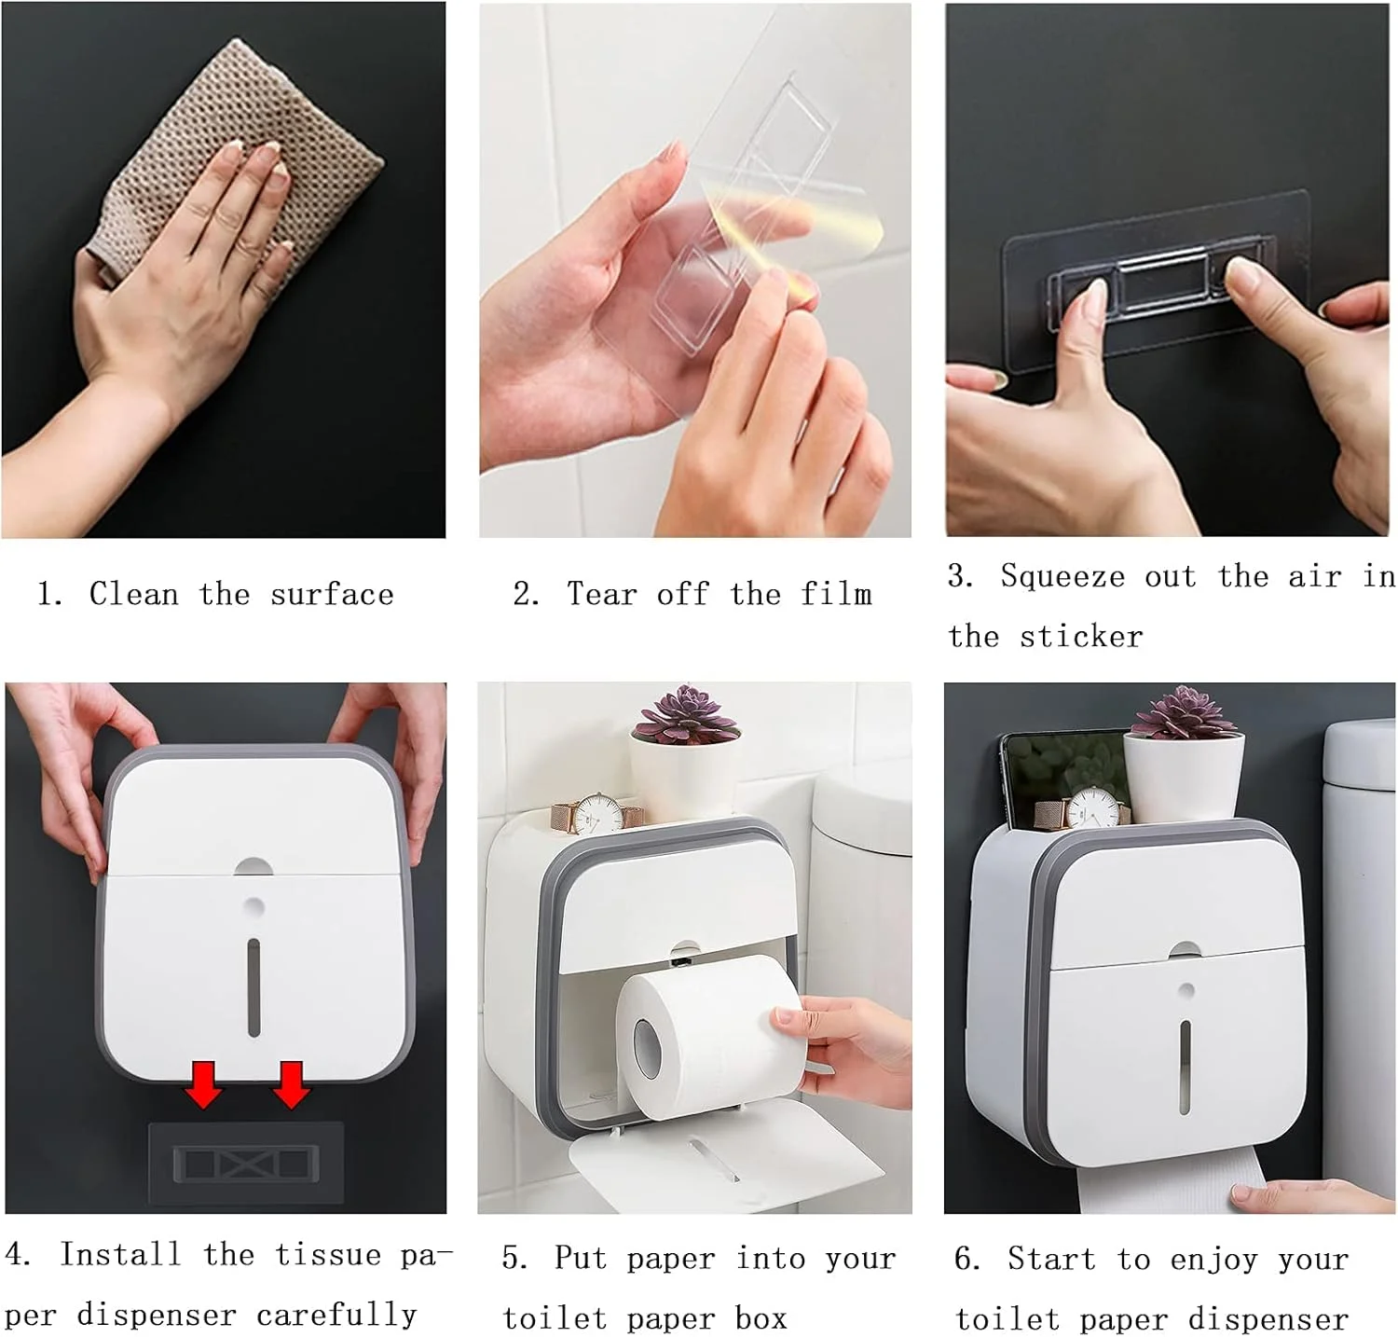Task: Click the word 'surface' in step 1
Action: point(332,594)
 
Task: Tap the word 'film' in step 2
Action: point(836,593)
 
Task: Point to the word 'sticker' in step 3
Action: point(1080,636)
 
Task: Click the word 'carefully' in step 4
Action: point(336,1315)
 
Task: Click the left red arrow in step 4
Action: point(204,1084)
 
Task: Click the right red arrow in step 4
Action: point(291,1084)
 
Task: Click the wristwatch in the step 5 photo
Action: point(593,815)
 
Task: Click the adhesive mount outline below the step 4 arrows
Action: point(246,1163)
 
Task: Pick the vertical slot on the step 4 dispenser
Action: point(254,988)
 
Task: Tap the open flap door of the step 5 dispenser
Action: point(722,1149)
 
